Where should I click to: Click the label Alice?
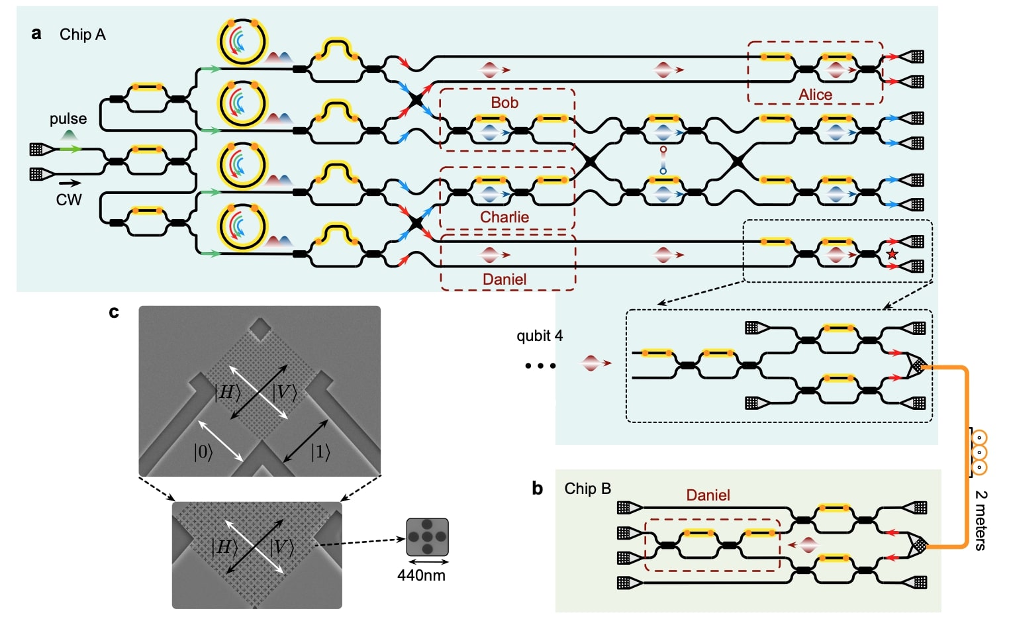click(815, 95)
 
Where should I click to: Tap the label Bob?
click(504, 103)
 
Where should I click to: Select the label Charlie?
click(504, 217)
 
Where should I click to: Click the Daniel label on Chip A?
click(504, 279)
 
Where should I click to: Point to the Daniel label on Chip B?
click(708, 495)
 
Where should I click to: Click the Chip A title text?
click(82, 34)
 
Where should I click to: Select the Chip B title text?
click(587, 489)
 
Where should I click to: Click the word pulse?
click(68, 119)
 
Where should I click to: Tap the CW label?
click(68, 200)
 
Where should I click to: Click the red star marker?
click(892, 254)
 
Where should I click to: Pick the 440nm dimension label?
click(421, 575)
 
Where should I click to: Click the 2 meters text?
click(981, 520)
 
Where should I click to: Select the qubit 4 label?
click(540, 336)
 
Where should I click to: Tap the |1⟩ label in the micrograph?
click(320, 452)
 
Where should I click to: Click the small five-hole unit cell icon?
click(427, 537)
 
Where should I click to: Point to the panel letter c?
click(114, 312)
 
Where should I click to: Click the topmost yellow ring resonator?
click(243, 42)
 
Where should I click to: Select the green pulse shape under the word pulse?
click(68, 135)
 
